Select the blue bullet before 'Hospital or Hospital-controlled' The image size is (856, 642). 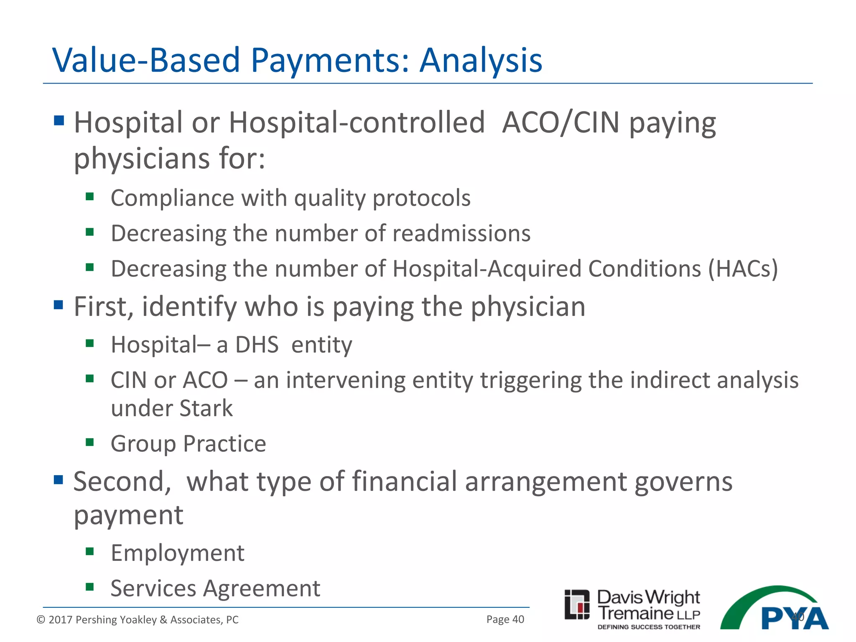pyautogui.click(x=59, y=121)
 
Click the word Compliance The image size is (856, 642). pyautogui.click(x=172, y=198)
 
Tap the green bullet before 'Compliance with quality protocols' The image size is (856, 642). pyautogui.click(x=89, y=196)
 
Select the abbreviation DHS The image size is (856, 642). pyautogui.click(x=257, y=345)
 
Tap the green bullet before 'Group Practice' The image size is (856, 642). pyautogui.click(x=89, y=442)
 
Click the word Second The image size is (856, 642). pyautogui.click(x=122, y=482)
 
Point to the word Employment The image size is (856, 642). pyautogui.click(x=177, y=553)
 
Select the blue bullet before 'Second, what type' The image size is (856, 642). pyautogui.click(x=59, y=480)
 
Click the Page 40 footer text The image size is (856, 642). pyautogui.click(x=505, y=619)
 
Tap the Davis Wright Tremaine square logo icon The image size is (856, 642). pyautogui.click(x=577, y=604)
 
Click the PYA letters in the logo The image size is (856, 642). pyautogui.click(x=794, y=619)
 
